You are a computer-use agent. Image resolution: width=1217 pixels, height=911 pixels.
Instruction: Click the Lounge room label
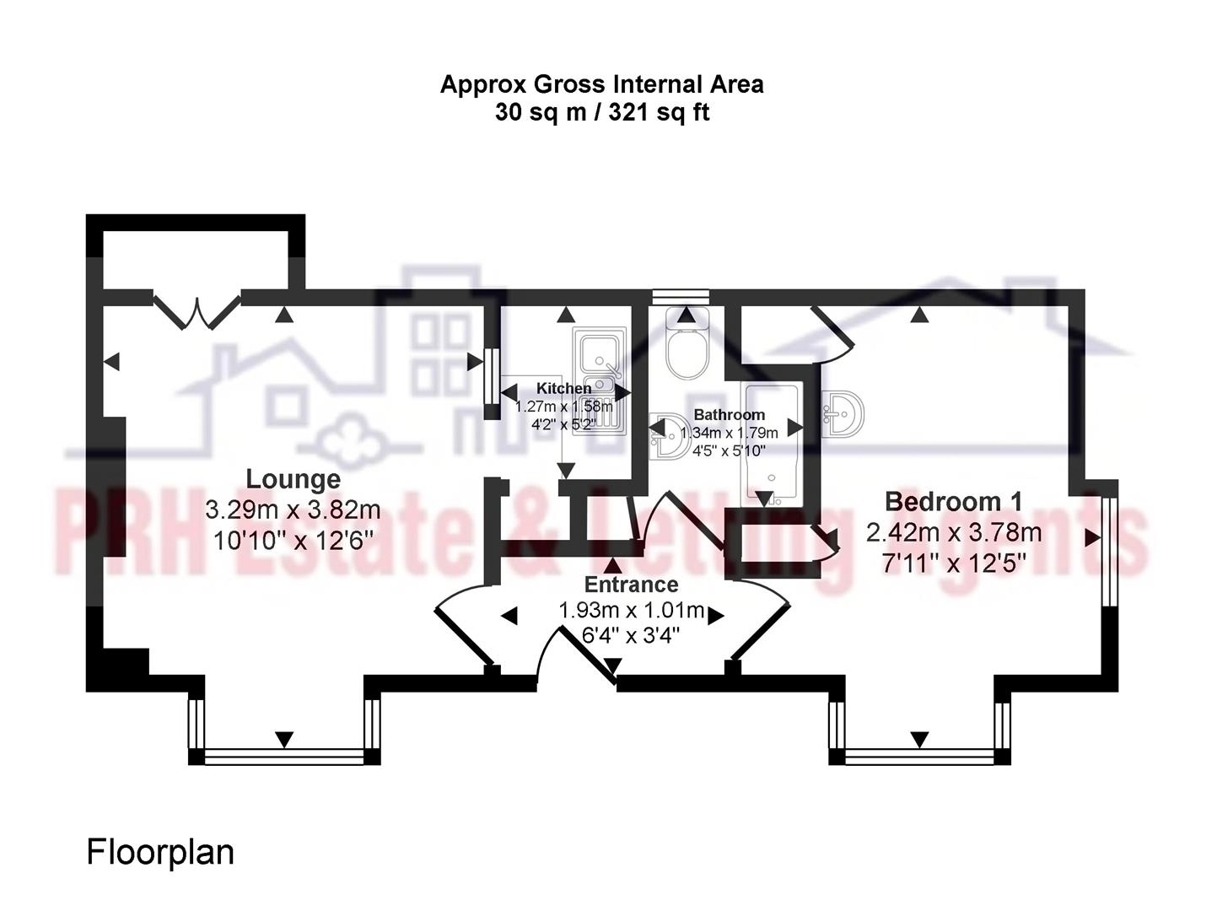coord(293,479)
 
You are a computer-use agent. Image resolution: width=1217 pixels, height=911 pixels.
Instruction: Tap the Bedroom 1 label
coord(953,501)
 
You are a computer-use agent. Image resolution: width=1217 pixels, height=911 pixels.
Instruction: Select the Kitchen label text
coord(563,388)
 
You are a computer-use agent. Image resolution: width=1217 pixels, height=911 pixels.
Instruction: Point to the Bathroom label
coord(729,414)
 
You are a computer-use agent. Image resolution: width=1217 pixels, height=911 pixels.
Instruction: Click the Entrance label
coord(631,585)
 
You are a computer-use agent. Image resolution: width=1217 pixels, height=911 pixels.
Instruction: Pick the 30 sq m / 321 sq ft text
coord(601,112)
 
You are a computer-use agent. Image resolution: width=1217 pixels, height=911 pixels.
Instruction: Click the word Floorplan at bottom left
coord(160,852)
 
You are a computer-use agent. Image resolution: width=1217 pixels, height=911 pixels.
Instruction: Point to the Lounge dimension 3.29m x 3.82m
coord(293,510)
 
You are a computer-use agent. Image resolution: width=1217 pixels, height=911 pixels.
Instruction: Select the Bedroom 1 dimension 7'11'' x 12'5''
coord(953,563)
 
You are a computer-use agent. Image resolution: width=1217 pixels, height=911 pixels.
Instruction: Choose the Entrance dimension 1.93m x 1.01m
coord(631,610)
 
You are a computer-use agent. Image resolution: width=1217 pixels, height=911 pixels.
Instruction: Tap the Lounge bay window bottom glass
coord(284,757)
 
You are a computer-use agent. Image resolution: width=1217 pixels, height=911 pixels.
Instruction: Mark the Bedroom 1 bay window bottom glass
coord(919,757)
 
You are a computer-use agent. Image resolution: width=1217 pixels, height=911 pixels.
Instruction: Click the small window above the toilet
coord(681,296)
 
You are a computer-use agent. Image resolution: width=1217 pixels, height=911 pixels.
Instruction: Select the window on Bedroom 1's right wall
coord(1110,552)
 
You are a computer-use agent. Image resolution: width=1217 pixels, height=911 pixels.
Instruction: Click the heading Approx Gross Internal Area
coord(601,84)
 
